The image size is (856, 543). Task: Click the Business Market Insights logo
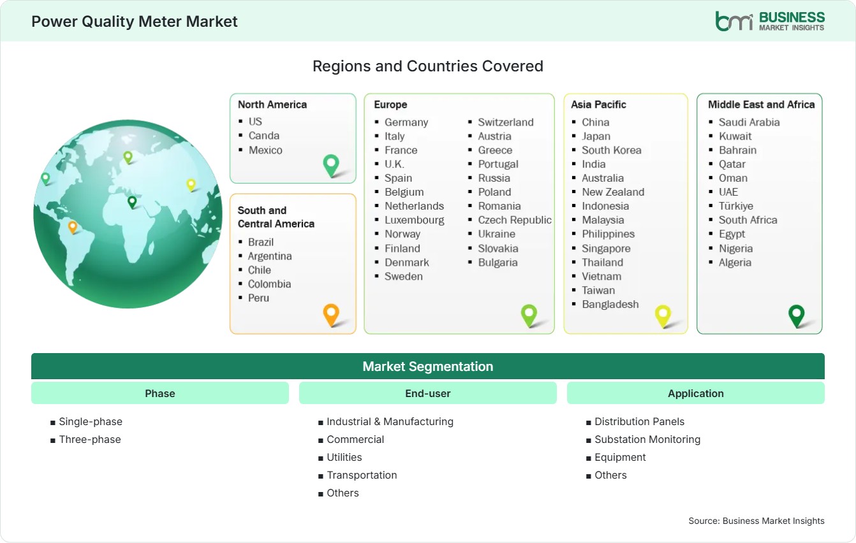(770, 21)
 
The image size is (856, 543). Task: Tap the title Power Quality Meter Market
(135, 22)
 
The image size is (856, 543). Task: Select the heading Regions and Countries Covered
(427, 66)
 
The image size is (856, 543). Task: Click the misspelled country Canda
(263, 136)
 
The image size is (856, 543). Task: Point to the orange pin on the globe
(72, 227)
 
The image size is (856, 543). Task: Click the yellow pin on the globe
(191, 185)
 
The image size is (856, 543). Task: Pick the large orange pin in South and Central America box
(331, 315)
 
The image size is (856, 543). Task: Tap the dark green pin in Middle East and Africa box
(797, 315)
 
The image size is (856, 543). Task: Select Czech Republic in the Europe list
(515, 220)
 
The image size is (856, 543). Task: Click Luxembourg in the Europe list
(414, 220)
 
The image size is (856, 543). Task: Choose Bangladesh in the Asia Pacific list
(610, 305)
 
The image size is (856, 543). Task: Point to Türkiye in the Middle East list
(736, 206)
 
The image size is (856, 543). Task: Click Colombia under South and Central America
(269, 284)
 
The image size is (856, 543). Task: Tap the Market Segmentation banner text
(427, 366)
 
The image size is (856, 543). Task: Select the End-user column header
(427, 393)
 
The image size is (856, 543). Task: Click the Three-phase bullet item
(90, 440)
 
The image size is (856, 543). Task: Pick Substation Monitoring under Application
(647, 440)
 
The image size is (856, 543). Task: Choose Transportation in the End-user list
(362, 475)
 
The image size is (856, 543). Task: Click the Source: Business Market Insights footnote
(756, 521)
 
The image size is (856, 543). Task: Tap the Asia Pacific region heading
(598, 105)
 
